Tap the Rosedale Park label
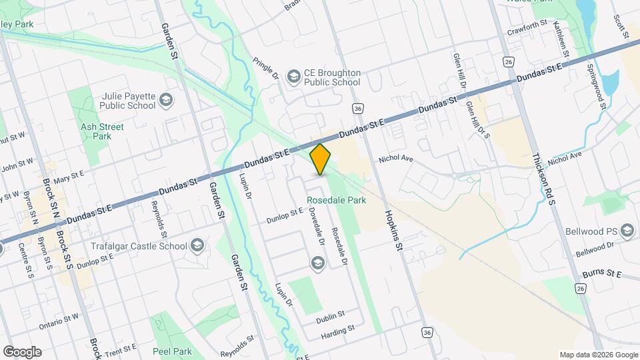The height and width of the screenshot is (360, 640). coord(336,200)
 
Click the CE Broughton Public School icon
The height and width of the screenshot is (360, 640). coord(293,77)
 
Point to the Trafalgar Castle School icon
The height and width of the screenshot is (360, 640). coord(196,246)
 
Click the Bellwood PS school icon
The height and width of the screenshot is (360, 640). coord(626,231)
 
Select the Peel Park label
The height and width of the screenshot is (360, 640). coord(172,351)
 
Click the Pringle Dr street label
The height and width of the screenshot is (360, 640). coord(265,69)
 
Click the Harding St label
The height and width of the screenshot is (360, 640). coord(337,331)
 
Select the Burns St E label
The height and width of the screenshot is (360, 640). coord(601,274)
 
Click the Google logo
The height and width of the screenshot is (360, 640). coord(21,352)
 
